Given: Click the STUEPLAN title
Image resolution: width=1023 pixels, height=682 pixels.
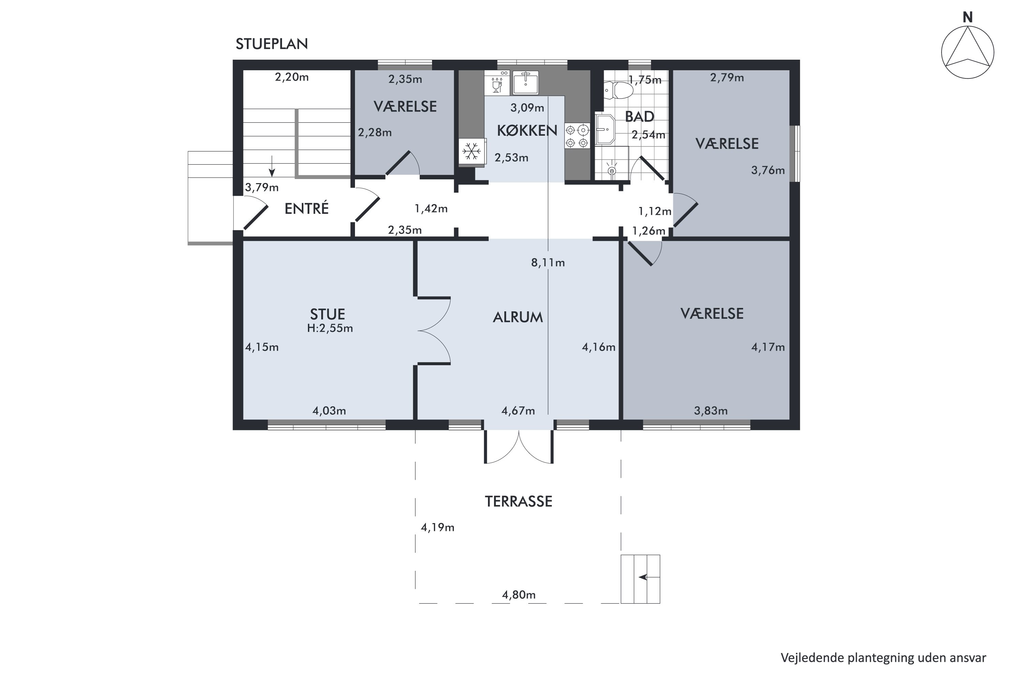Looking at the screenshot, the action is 272,44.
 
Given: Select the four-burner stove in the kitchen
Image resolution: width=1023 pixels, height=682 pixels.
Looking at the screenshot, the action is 577,136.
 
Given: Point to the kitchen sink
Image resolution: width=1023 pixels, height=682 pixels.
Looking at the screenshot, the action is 525,83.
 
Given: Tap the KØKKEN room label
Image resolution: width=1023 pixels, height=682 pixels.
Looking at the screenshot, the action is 527,131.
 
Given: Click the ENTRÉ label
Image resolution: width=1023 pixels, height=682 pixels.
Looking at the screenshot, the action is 306,208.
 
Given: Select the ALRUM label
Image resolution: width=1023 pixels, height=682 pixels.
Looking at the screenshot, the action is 518,317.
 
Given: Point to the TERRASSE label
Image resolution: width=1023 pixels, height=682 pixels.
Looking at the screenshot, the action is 518,502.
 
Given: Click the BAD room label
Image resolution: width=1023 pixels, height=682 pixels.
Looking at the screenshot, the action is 639,117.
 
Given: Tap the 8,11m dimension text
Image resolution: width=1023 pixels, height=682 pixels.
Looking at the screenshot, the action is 548,263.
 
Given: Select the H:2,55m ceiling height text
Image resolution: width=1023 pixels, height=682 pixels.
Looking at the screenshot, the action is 330,328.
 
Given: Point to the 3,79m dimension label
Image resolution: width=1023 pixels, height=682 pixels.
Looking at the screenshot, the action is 262,188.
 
